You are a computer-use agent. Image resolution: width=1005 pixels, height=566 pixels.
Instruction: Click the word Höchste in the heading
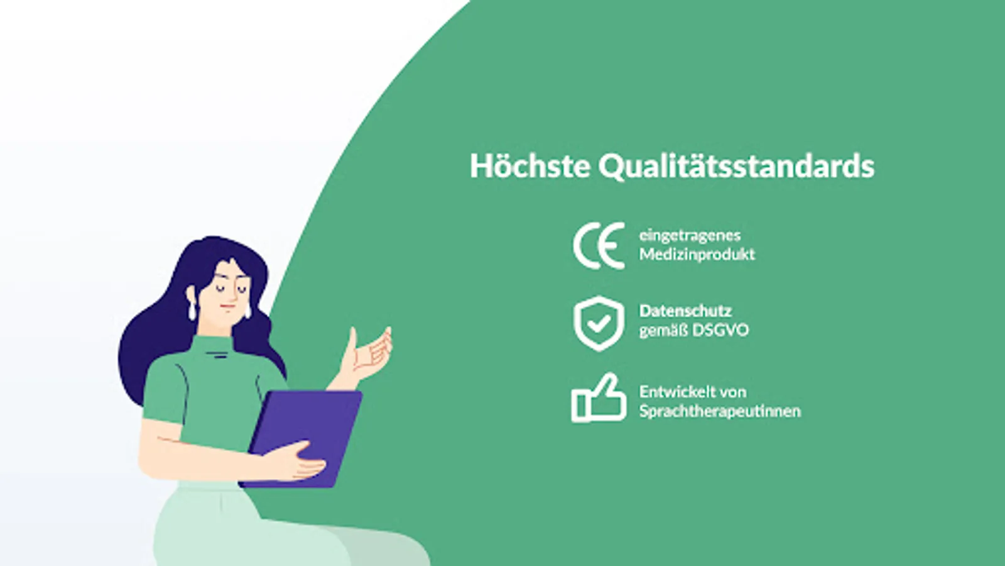pos(530,166)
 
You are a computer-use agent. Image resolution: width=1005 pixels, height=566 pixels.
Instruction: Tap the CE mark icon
pos(599,245)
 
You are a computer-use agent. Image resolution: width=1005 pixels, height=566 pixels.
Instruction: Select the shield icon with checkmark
pos(599,323)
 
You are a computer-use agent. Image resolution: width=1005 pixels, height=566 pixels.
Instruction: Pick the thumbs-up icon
pos(599,399)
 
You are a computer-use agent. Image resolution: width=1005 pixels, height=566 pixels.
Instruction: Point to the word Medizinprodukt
pos(697,254)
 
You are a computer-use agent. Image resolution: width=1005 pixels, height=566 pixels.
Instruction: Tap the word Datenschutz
pos(685,311)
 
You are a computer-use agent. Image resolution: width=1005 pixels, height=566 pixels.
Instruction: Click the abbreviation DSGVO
pos(720,331)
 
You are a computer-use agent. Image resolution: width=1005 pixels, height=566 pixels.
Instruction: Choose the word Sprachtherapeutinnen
pos(720,411)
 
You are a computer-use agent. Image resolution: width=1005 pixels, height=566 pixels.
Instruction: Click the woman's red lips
pos(228,308)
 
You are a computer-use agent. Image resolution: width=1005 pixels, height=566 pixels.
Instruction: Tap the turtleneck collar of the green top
pos(214,345)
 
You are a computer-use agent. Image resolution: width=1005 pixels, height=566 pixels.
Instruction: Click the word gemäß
pos(663,331)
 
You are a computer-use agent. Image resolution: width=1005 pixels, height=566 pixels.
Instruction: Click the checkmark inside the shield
pos(599,323)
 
